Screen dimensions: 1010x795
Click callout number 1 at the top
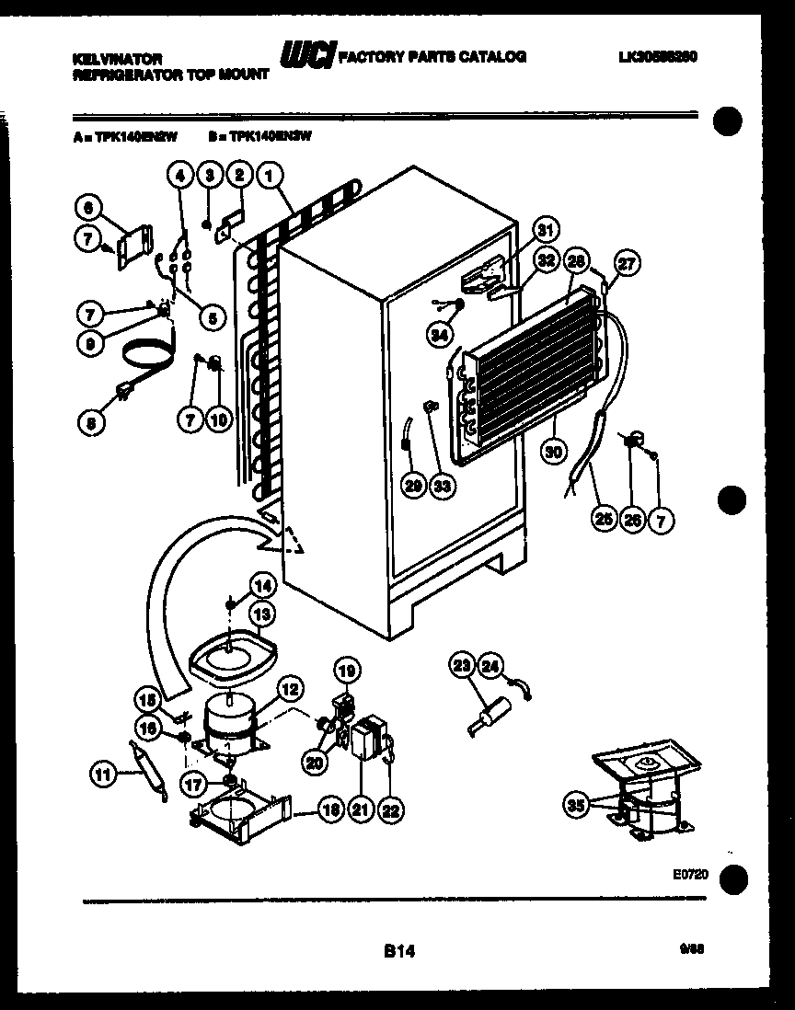(270, 175)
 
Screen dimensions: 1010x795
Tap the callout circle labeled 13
(262, 614)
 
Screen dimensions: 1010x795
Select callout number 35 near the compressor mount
(577, 807)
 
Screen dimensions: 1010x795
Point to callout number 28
(576, 260)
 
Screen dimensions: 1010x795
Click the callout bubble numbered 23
(462, 665)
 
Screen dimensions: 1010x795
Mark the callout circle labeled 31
(547, 230)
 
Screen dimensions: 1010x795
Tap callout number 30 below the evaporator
(553, 452)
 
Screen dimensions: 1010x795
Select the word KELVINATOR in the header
(117, 58)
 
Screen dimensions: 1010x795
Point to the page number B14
(399, 952)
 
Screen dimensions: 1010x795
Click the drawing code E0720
(690, 875)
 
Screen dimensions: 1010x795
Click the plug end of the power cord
(121, 396)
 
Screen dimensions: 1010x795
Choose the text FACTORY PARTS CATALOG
(433, 57)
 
